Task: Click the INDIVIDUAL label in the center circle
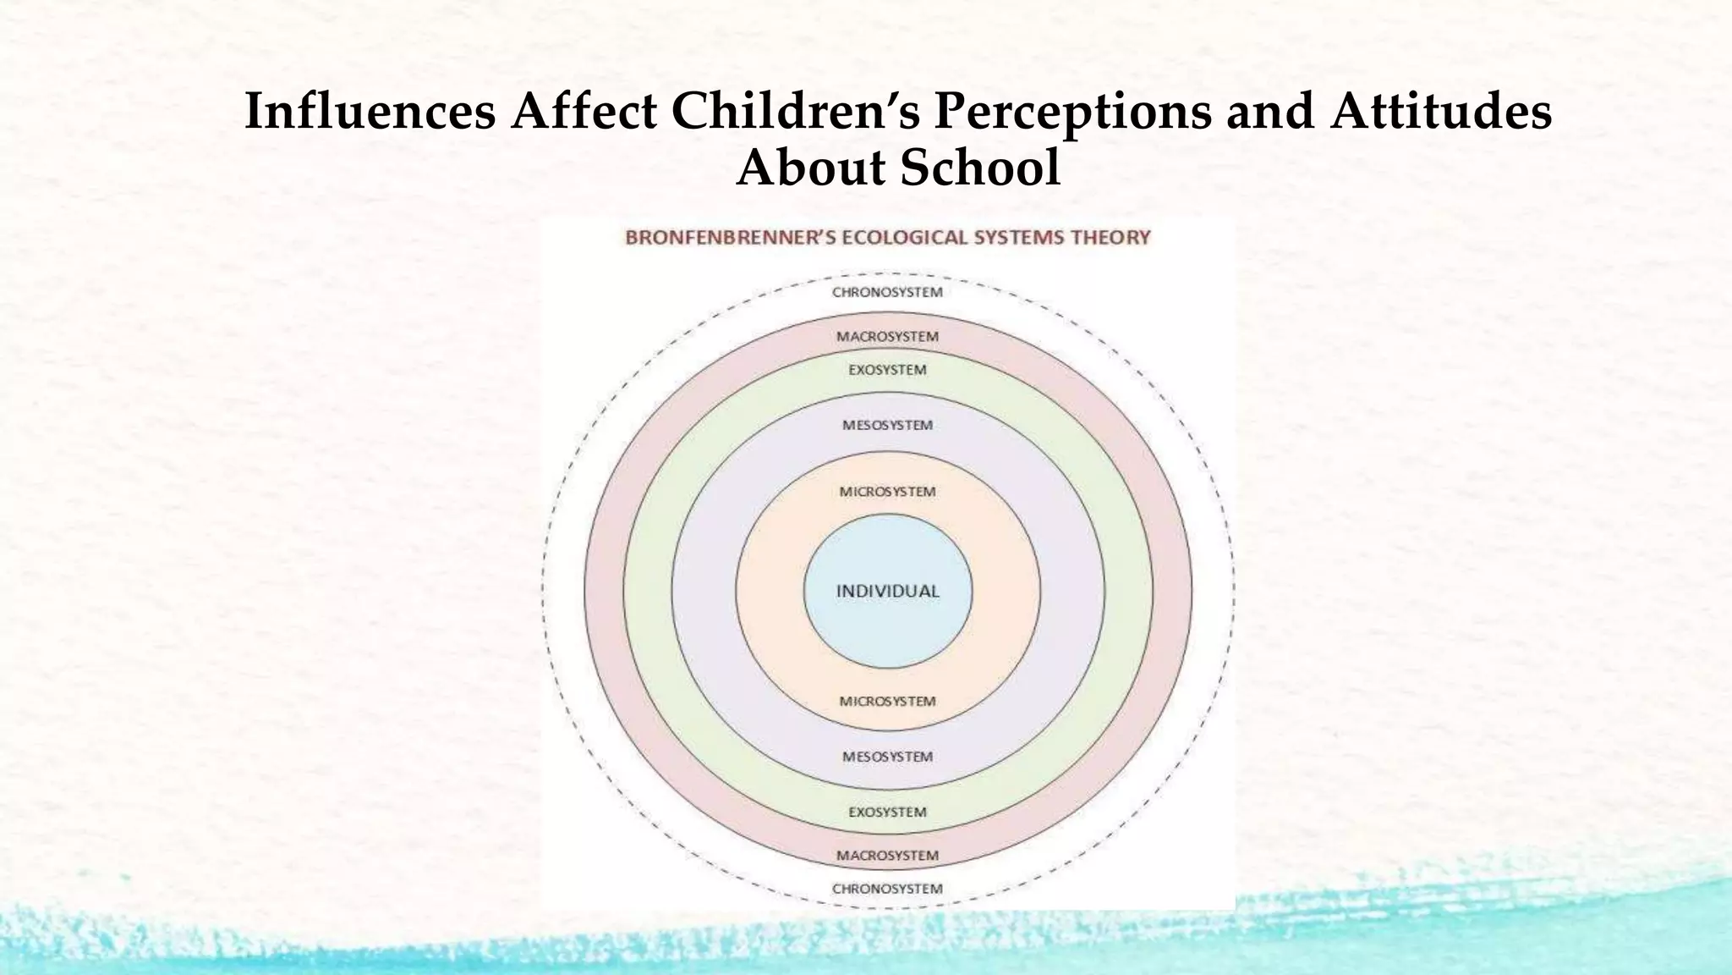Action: (x=887, y=592)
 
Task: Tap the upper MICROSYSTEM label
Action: (x=887, y=492)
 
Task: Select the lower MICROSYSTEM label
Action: (x=887, y=702)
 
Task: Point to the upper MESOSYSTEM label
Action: (x=887, y=425)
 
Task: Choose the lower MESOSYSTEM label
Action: (x=887, y=757)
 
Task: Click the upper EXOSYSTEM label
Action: (x=887, y=370)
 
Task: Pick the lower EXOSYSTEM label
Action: (x=887, y=812)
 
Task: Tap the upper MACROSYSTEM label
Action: (x=887, y=337)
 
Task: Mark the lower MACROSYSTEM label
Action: (x=887, y=856)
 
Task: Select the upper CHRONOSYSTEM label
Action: (x=887, y=293)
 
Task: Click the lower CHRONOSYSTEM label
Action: (x=887, y=889)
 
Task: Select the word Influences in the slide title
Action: (x=370, y=111)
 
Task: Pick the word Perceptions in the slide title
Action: (x=1072, y=113)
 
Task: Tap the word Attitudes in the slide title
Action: (x=1440, y=111)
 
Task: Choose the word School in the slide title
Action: (x=979, y=168)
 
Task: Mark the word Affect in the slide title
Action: (x=584, y=111)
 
